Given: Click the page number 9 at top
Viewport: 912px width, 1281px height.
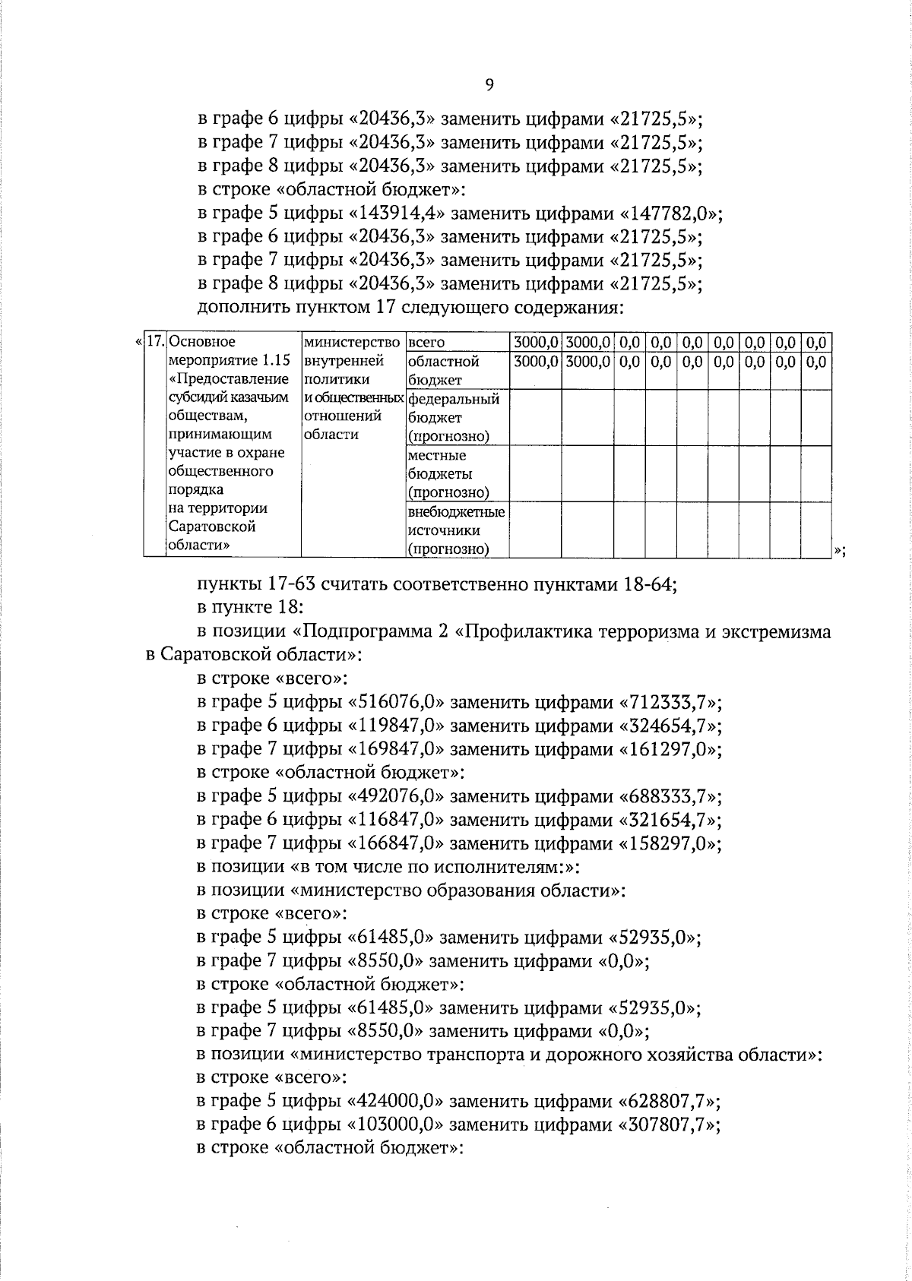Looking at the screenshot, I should pyautogui.click(x=489, y=84).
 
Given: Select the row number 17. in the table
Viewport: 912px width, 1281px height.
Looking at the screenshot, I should pyautogui.click(x=155, y=342).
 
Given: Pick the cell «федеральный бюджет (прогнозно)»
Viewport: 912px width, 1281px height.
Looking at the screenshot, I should pyautogui.click(x=454, y=417).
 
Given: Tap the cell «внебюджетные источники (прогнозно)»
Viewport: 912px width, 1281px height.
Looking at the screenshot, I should pyautogui.click(x=457, y=530).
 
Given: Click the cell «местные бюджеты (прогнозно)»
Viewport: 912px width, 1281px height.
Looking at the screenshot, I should pyautogui.click(x=448, y=474).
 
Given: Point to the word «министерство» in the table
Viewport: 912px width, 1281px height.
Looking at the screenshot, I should pyautogui.click(x=351, y=343).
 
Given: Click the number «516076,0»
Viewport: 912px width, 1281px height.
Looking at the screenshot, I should pyautogui.click(x=397, y=702).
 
